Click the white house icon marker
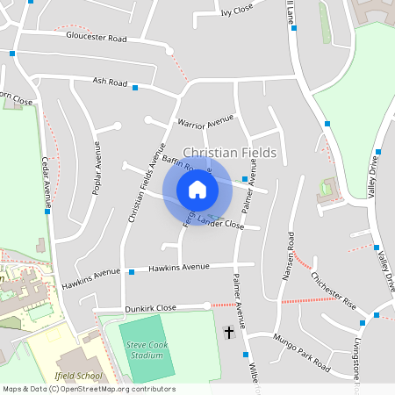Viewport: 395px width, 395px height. (x=197, y=189)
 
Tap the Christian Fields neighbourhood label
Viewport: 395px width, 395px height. (x=229, y=153)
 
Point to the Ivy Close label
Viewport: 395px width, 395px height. (x=237, y=11)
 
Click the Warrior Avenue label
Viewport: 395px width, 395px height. (x=205, y=120)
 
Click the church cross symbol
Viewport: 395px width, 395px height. (x=230, y=332)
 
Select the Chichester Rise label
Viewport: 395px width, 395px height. (x=333, y=290)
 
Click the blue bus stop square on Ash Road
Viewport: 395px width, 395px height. (x=136, y=86)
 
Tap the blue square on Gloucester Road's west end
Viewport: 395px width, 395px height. (x=12, y=54)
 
